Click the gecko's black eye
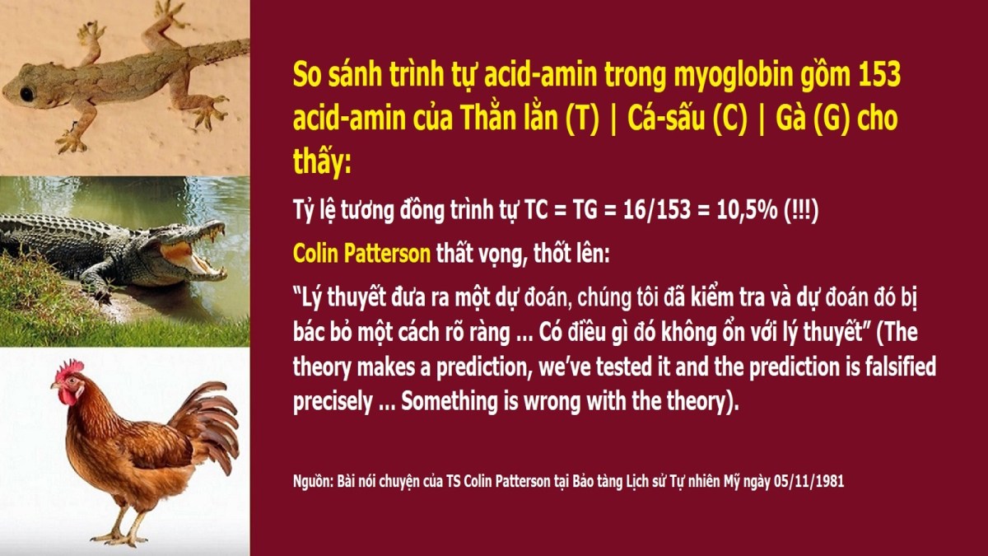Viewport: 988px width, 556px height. tap(27, 94)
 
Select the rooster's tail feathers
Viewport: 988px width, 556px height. tap(207, 423)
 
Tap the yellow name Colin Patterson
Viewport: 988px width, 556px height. tap(361, 254)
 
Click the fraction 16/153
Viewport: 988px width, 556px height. tap(657, 209)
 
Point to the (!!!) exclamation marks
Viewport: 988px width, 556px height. tap(801, 209)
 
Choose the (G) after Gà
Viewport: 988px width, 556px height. tap(832, 119)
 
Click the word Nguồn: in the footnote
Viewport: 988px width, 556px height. tap(313, 481)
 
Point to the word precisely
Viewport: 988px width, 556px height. tap(333, 402)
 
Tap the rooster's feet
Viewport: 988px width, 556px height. tap(119, 538)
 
